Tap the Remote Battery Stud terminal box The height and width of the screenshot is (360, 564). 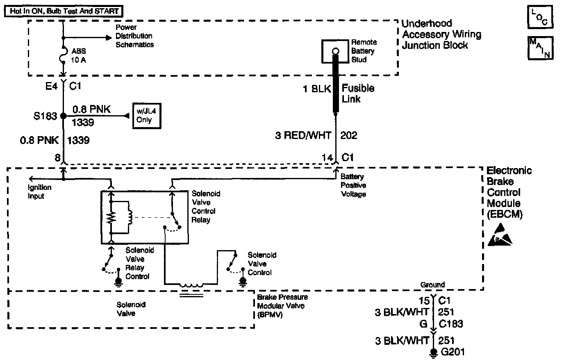click(336, 51)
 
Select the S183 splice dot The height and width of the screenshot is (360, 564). click(63, 116)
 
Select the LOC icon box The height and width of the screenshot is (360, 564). click(540, 17)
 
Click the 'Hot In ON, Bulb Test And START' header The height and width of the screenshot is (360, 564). click(64, 11)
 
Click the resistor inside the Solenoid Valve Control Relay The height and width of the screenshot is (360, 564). click(110, 219)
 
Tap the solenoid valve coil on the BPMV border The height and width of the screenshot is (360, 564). click(191, 285)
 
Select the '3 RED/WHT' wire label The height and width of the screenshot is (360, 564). click(303, 135)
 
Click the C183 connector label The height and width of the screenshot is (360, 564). click(451, 324)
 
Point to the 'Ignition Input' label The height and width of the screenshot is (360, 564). click(40, 191)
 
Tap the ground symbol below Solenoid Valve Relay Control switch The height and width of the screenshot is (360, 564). click(119, 282)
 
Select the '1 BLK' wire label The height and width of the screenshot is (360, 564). click(317, 89)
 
